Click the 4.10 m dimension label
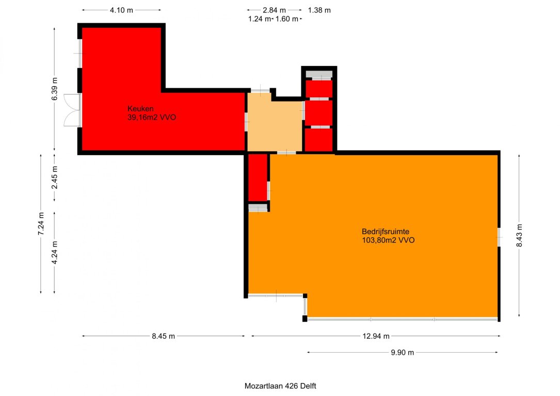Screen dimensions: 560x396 pyautogui.click(x=121, y=10)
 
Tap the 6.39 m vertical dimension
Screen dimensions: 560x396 pyautogui.click(x=55, y=89)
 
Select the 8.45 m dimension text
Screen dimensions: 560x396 pyautogui.click(x=163, y=336)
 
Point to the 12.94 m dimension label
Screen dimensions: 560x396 pyautogui.click(x=376, y=336)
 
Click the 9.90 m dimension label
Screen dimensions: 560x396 pyautogui.click(x=403, y=353)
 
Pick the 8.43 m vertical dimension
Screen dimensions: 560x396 pyautogui.click(x=519, y=236)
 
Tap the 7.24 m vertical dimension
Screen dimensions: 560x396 pyautogui.click(x=41, y=224)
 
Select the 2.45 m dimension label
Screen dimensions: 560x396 pyautogui.click(x=55, y=178)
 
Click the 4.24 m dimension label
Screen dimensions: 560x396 pyautogui.click(x=55, y=253)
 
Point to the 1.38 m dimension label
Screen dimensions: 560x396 pyautogui.click(x=319, y=10)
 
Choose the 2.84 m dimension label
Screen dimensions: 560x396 pyautogui.click(x=274, y=10)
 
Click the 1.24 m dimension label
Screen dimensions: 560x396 pyautogui.click(x=260, y=19)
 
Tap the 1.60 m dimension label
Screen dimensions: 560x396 pyautogui.click(x=287, y=19)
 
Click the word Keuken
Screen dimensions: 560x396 pyautogui.click(x=140, y=108)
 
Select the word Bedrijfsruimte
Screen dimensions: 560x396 pyautogui.click(x=386, y=231)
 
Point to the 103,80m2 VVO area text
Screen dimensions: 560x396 pyautogui.click(x=388, y=240)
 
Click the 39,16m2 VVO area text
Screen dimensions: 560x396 pyautogui.click(x=152, y=118)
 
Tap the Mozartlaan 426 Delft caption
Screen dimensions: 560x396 pyautogui.click(x=280, y=386)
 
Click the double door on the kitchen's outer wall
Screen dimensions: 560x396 pyautogui.click(x=72, y=110)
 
